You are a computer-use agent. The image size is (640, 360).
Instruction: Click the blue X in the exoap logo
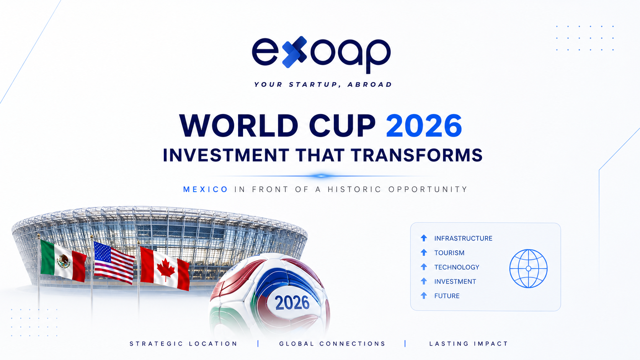click(x=294, y=52)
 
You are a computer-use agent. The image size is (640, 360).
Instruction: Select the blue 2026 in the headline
click(x=424, y=125)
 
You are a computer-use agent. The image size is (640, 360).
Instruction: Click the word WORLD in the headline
click(x=239, y=125)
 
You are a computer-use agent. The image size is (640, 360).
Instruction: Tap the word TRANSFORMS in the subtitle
click(x=417, y=155)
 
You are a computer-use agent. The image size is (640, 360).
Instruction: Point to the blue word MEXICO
click(x=206, y=189)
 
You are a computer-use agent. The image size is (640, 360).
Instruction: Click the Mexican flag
click(x=63, y=261)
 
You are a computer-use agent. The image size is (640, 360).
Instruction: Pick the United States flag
click(x=114, y=263)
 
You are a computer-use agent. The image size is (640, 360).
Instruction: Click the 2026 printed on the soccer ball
click(x=292, y=303)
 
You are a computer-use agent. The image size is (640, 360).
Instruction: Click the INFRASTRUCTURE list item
click(x=463, y=238)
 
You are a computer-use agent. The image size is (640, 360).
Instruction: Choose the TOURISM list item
click(x=449, y=252)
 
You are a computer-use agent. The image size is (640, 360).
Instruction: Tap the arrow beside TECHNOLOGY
click(x=424, y=267)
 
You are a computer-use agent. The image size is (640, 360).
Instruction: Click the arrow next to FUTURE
click(x=424, y=295)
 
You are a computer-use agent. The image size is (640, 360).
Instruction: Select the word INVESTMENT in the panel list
click(x=455, y=282)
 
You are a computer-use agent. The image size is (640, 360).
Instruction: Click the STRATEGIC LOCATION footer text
click(x=183, y=344)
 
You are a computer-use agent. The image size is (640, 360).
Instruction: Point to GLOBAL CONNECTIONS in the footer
click(x=332, y=344)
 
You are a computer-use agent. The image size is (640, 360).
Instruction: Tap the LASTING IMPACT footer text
click(x=469, y=344)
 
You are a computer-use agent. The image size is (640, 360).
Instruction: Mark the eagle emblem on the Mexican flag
click(x=64, y=261)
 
